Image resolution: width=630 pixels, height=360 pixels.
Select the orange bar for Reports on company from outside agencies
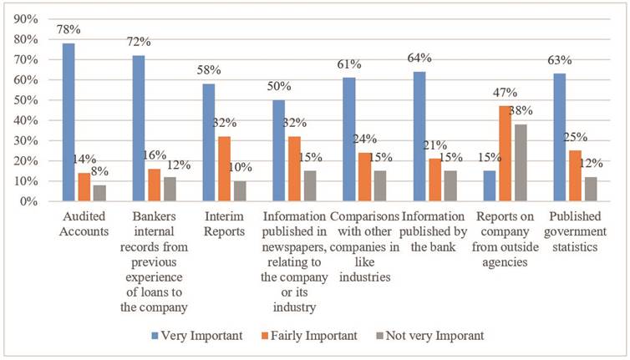505,154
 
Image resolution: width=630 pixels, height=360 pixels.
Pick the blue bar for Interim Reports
209,142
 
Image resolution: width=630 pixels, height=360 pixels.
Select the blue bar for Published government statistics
560,137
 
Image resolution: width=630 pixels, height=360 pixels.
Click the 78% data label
69,30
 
